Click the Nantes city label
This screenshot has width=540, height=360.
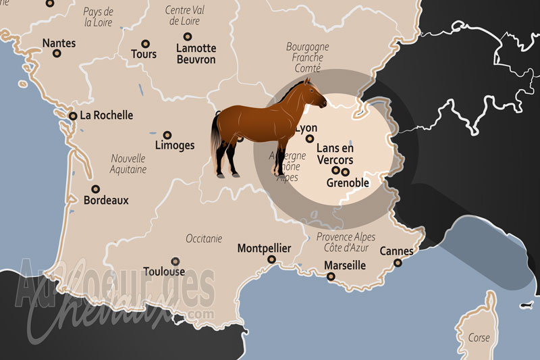(x=59, y=43)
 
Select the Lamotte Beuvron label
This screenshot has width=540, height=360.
(x=196, y=54)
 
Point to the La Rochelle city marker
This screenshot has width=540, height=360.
(x=73, y=115)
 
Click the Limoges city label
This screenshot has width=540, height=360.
(x=174, y=145)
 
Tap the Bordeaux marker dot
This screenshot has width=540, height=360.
(x=96, y=189)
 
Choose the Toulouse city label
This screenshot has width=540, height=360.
(x=164, y=272)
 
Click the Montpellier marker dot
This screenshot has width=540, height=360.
(x=271, y=259)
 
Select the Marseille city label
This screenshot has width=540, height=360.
(x=344, y=265)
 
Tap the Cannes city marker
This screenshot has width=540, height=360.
(x=398, y=263)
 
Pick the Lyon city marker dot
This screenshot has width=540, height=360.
(x=310, y=139)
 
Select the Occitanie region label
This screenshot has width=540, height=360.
(x=205, y=239)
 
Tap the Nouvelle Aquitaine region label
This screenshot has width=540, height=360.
(x=128, y=164)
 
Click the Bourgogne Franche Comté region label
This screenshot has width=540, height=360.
(x=307, y=57)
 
